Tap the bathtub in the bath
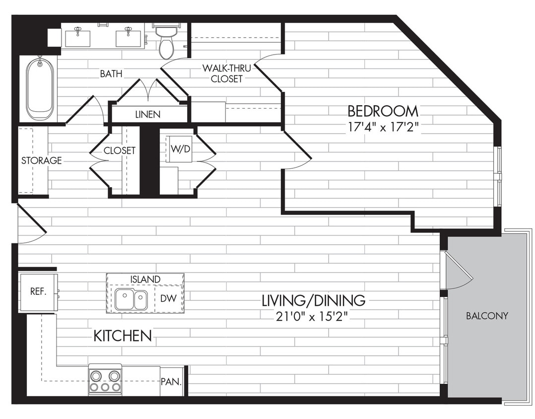[40, 88]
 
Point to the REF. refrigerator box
[38, 291]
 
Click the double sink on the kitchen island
[131, 300]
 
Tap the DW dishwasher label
[167, 298]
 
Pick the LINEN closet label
[148, 114]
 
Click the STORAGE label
[41, 160]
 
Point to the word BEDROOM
[383, 111]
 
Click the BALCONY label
[487, 316]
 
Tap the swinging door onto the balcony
[458, 271]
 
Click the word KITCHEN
[123, 336]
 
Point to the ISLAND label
[145, 279]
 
